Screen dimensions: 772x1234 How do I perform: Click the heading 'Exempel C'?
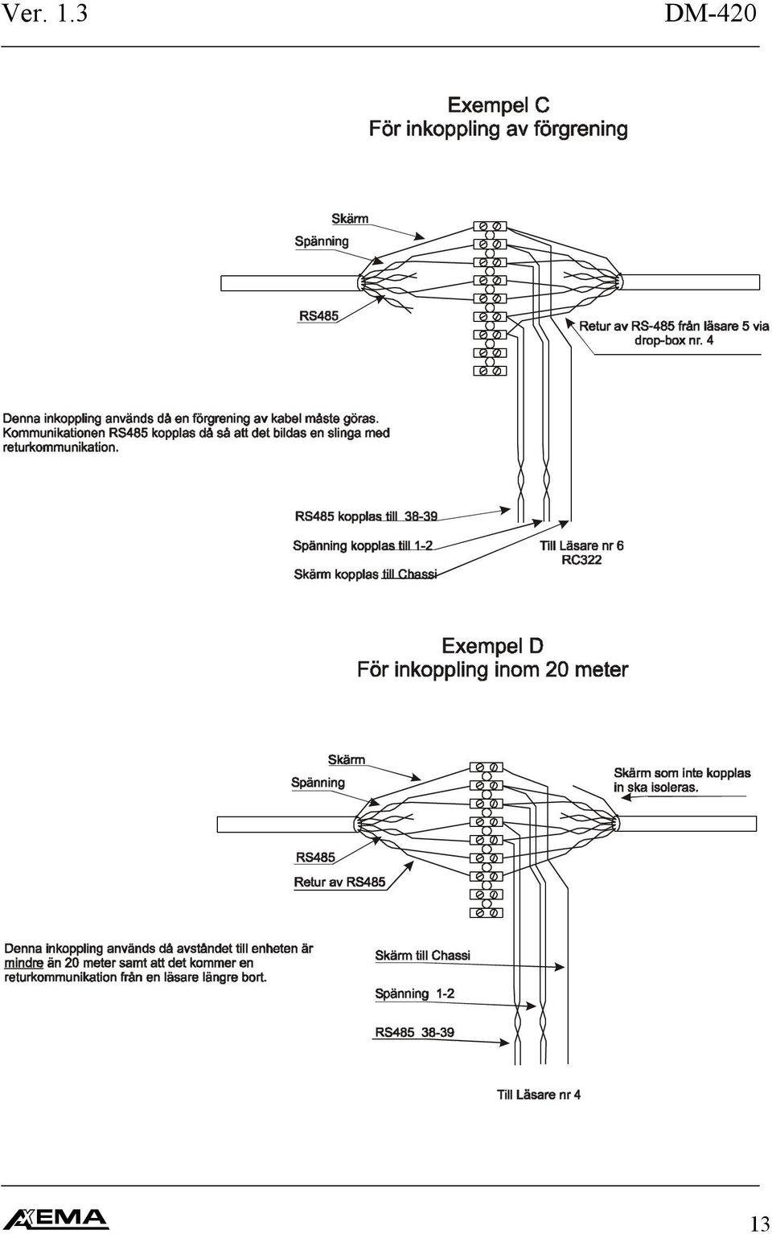click(499, 105)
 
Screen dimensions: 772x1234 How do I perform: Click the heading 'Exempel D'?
click(493, 646)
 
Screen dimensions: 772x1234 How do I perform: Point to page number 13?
click(760, 1224)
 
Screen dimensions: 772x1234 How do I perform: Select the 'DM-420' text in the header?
click(710, 13)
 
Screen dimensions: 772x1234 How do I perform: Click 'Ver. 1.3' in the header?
click(44, 13)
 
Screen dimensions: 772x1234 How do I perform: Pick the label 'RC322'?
click(581, 560)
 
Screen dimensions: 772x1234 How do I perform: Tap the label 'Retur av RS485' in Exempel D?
click(339, 882)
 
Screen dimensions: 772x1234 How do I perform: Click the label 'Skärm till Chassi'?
click(422, 955)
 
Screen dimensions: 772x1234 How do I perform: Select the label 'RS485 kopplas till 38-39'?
click(366, 516)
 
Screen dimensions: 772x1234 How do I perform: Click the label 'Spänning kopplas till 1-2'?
click(363, 545)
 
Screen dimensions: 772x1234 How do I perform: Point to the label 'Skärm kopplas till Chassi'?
click(365, 574)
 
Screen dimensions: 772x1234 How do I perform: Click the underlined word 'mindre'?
click(23, 963)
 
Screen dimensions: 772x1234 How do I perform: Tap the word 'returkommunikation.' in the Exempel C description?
click(61, 447)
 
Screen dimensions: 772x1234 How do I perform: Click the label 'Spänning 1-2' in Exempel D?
click(415, 993)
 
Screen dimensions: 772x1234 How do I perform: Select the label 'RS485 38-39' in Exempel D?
click(415, 1032)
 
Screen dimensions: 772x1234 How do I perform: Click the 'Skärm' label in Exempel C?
click(350, 219)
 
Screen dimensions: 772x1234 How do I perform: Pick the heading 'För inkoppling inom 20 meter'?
click(493, 670)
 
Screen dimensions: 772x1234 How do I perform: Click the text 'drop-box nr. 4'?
click(674, 340)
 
